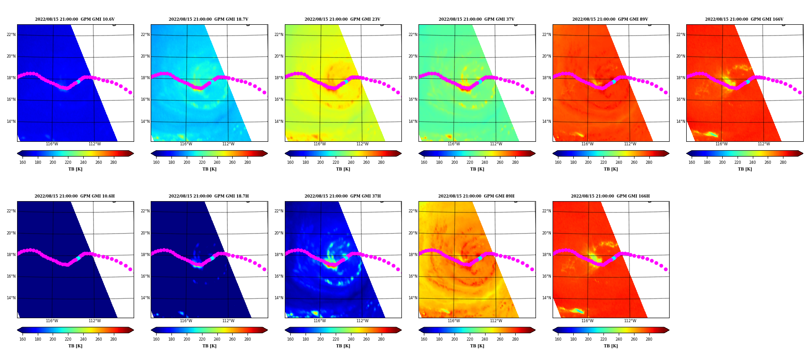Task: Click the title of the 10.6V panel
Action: (75, 19)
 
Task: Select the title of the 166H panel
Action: (610, 196)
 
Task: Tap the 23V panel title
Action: (342, 19)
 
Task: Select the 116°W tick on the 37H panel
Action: (320, 321)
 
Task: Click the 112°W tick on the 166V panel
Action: (764, 144)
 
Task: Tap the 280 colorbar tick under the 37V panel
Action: (515, 162)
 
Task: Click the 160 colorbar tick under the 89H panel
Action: (424, 339)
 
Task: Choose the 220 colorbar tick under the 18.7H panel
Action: (202, 339)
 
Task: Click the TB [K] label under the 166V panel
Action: (745, 169)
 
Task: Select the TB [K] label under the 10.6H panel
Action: (75, 346)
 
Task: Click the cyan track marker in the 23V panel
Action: (346, 81)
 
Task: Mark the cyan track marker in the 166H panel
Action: (614, 258)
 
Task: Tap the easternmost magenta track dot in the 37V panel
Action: (532, 93)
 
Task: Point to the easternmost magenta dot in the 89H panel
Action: (532, 270)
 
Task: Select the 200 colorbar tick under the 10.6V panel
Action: (53, 162)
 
